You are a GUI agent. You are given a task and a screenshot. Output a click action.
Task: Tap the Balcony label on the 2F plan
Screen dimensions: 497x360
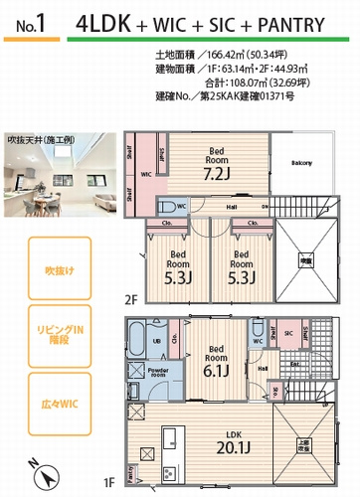[301, 162]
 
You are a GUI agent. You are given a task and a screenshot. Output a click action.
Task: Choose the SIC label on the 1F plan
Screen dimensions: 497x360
[289, 334]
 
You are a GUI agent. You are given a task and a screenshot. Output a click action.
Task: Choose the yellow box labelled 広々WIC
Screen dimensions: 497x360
[46, 405]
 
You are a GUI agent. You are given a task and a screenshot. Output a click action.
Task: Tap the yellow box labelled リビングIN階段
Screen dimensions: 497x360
[46, 337]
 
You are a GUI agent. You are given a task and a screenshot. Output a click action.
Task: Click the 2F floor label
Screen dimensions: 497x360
[130, 297]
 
